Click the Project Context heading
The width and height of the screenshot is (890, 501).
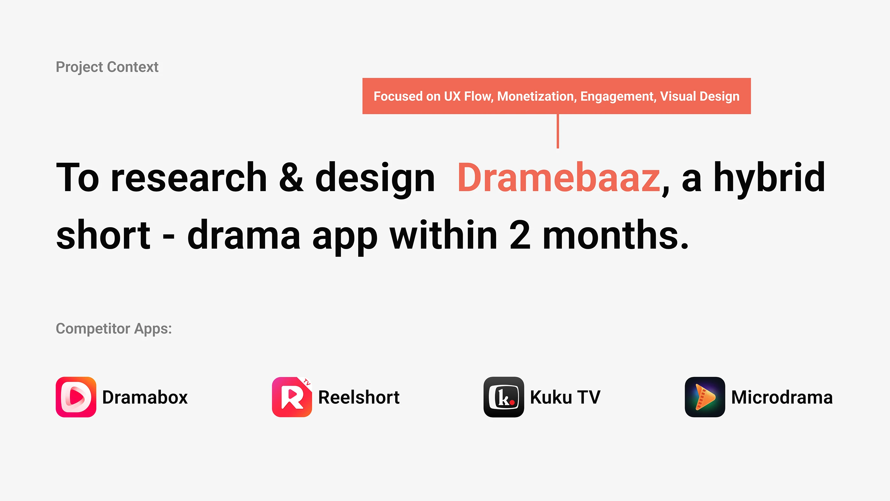107,67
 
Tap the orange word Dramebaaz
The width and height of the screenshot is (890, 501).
559,177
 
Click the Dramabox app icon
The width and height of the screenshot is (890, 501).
76,397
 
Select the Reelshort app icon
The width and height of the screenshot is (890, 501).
292,397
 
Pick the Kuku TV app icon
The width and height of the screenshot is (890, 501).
504,397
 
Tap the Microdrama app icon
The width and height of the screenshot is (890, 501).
705,397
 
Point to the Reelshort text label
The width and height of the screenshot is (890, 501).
359,397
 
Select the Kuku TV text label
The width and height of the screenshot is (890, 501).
565,397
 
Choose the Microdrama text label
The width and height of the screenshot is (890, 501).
782,397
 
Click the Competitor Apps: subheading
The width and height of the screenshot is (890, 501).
114,329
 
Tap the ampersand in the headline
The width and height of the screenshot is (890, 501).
291,177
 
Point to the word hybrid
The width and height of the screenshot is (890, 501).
770,177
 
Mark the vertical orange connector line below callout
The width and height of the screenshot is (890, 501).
558,131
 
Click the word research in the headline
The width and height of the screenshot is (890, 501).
188,177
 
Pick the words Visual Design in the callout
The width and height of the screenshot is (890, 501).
700,97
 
